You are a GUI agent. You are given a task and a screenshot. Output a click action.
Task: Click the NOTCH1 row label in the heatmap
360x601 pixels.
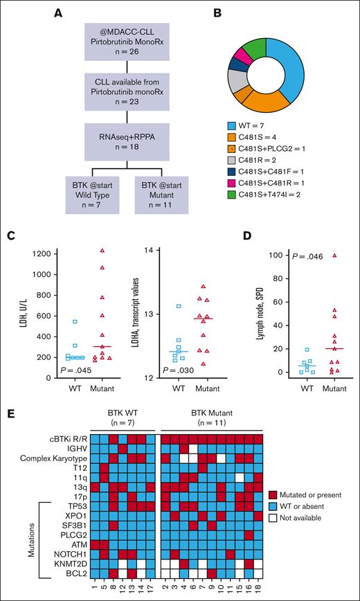tap(69, 554)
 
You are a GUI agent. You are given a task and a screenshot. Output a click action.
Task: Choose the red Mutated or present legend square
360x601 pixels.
tap(273, 493)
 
